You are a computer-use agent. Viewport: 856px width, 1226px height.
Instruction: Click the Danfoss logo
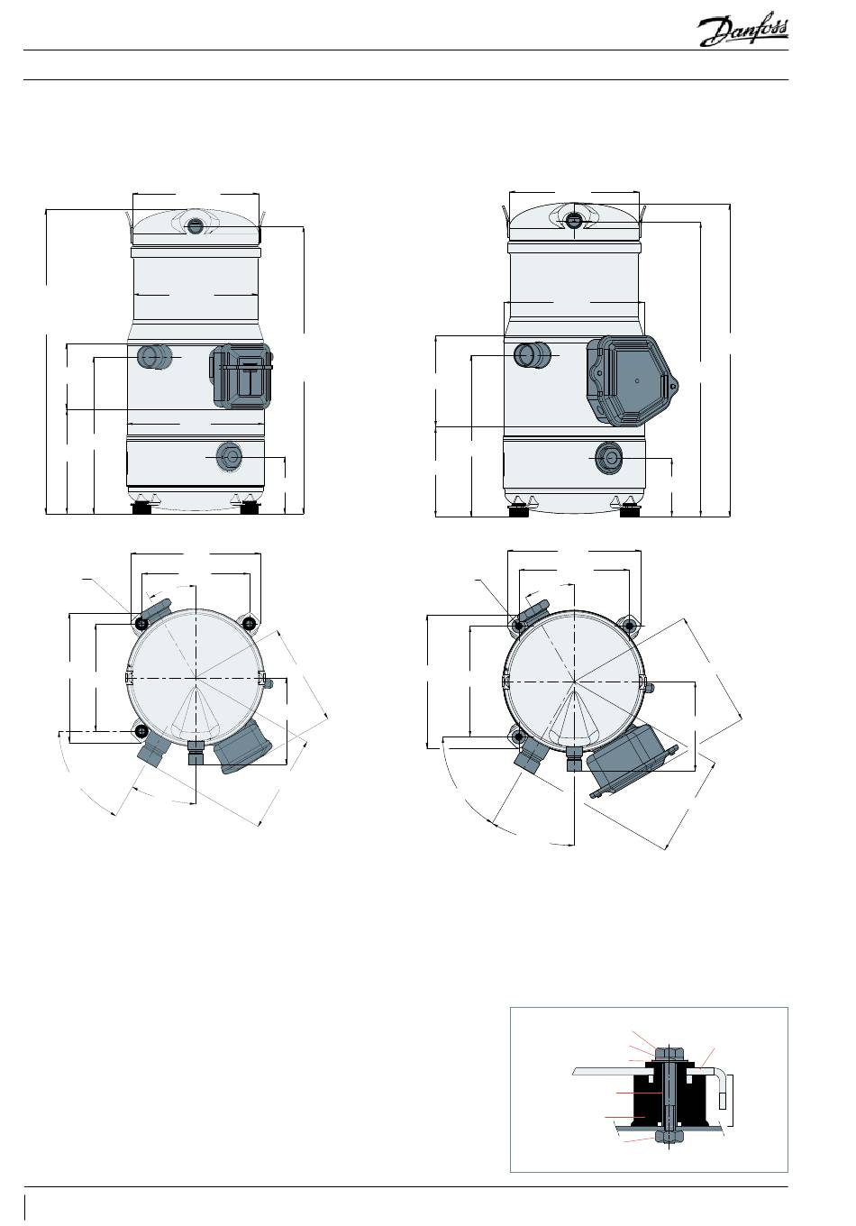pyautogui.click(x=743, y=32)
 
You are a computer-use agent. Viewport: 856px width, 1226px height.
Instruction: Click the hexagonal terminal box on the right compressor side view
pyautogui.click(x=632, y=380)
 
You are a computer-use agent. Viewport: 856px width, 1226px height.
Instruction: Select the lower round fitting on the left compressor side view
pyautogui.click(x=229, y=456)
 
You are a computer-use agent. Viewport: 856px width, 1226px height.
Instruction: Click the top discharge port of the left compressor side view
pyautogui.click(x=194, y=224)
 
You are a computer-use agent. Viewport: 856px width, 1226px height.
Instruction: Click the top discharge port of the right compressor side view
pyautogui.click(x=574, y=220)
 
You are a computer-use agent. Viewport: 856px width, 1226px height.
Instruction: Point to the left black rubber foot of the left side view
pyautogui.click(x=141, y=508)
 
